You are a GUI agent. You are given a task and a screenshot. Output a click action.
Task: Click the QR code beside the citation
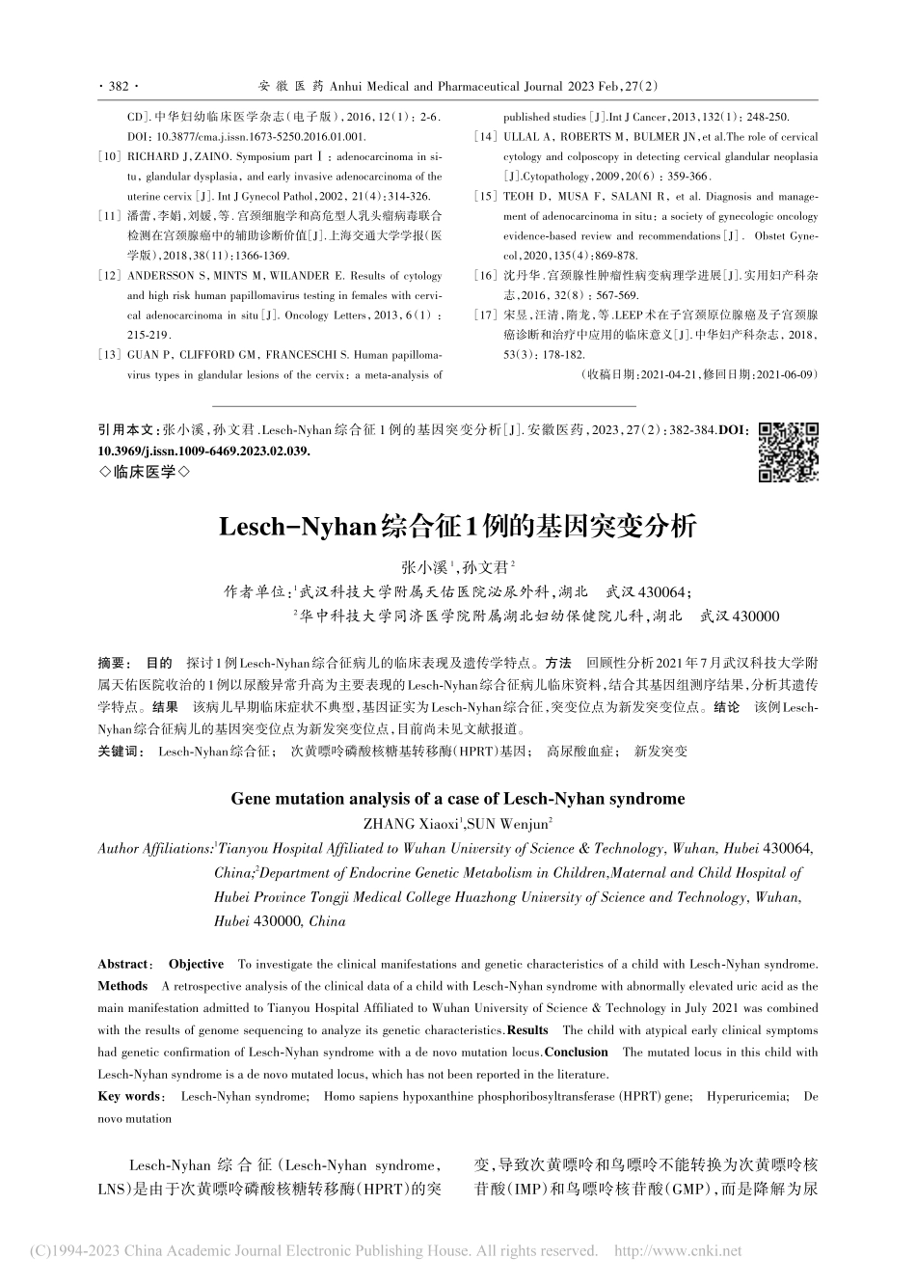point(789,451)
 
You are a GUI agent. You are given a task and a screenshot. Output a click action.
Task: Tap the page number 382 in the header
point(119,86)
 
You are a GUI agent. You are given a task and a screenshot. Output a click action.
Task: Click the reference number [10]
point(109,156)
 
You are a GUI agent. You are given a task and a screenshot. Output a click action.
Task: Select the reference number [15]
point(485,196)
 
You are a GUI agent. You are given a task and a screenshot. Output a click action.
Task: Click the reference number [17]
point(485,315)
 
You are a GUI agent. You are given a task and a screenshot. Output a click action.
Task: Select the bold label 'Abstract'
point(123,964)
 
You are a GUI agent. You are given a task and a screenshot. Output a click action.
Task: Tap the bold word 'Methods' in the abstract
point(122,986)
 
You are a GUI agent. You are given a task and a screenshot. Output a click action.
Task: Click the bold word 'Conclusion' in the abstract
point(577,1053)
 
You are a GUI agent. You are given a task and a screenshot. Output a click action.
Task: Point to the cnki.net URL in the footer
point(678,1251)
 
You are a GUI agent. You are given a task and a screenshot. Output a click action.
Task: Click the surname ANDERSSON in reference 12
point(161,275)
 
